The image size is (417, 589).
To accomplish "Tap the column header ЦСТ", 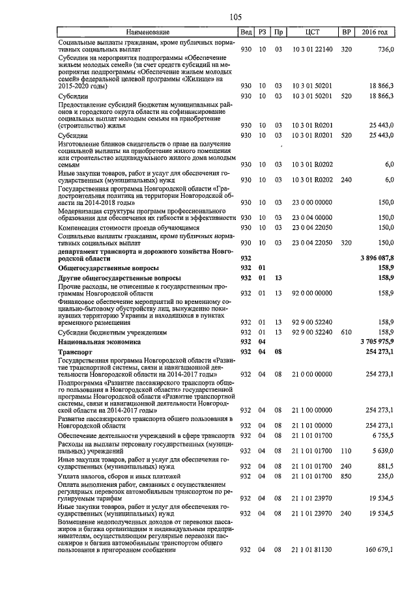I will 312,32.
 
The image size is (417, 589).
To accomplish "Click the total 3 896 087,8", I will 377,258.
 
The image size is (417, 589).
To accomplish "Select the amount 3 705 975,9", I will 377,341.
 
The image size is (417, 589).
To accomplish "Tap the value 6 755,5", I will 382,435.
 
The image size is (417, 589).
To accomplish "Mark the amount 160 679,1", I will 379,550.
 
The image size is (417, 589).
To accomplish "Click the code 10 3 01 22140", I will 312,49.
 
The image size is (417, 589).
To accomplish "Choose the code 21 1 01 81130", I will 312,550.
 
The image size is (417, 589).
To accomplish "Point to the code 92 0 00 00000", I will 312,293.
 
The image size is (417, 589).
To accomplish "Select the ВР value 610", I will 346,331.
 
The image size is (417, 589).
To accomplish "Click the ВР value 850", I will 346,476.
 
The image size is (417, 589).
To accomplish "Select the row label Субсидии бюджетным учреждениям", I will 111,331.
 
